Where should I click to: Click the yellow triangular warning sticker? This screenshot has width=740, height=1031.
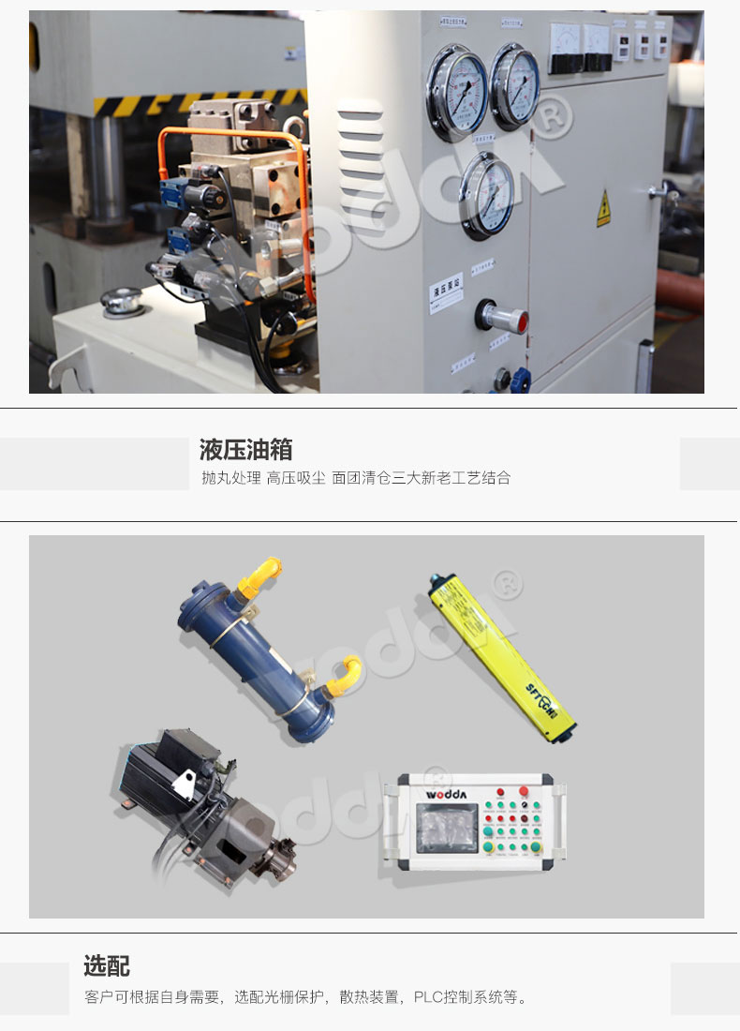coord(604,209)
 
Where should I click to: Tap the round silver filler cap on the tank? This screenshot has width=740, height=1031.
coord(122,302)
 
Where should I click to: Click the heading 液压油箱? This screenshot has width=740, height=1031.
coord(245,449)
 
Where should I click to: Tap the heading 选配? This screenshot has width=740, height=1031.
coord(107,965)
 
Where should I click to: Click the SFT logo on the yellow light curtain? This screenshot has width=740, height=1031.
coord(540,694)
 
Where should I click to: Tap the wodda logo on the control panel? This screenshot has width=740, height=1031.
coord(451,794)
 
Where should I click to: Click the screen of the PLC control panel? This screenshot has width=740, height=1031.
coord(447,829)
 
